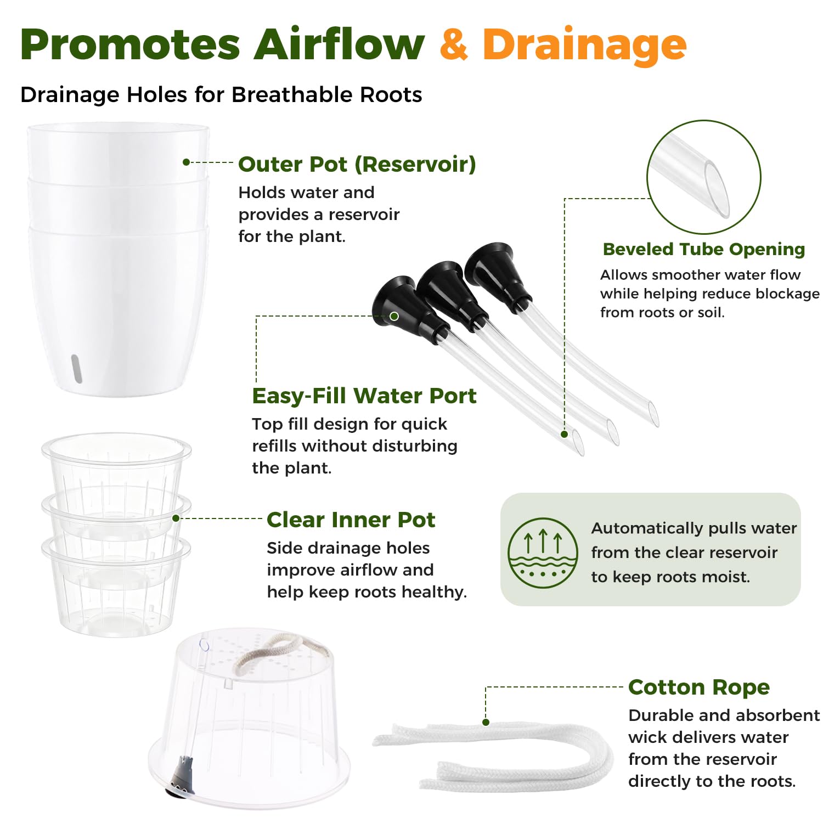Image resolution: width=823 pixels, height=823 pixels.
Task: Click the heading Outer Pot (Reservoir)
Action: pyautogui.click(x=357, y=164)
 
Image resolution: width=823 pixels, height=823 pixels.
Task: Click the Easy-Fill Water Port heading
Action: pyautogui.click(x=364, y=396)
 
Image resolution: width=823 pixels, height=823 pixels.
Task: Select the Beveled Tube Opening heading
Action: pyautogui.click(x=704, y=249)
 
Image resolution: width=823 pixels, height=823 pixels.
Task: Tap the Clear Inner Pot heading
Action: pyautogui.click(x=351, y=520)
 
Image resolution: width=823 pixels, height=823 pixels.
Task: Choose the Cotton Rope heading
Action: pyautogui.click(x=699, y=687)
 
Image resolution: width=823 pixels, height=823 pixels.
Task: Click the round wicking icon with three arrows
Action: pyautogui.click(x=543, y=553)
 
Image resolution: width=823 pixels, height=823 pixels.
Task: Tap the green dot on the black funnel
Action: pyautogui.click(x=394, y=316)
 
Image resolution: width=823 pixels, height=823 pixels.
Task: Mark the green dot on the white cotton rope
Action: pyautogui.click(x=486, y=722)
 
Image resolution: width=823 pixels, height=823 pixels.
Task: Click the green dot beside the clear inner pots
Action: pyautogui.click(x=176, y=518)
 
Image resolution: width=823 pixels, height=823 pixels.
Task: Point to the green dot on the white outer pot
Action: pyautogui.click(x=186, y=162)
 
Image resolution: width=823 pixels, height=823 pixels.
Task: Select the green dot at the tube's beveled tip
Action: pyautogui.click(x=564, y=434)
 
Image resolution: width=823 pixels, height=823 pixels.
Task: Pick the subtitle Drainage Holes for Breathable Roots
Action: pyautogui.click(x=221, y=95)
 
